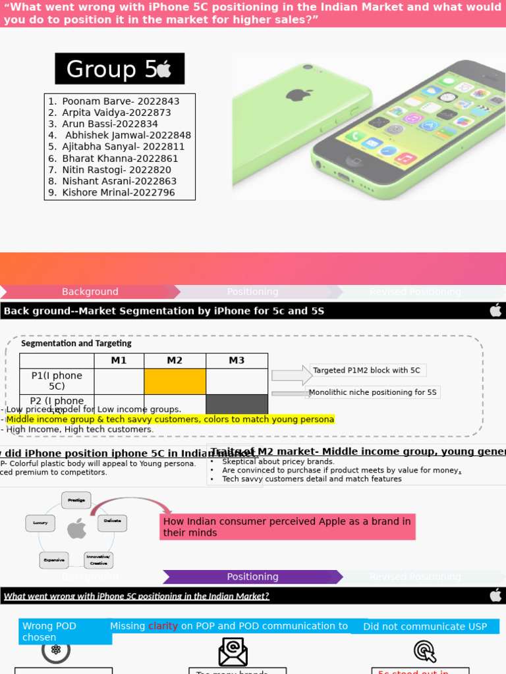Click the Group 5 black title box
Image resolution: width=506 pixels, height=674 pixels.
pos(119,69)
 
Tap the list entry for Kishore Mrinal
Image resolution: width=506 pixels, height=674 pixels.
pos(118,192)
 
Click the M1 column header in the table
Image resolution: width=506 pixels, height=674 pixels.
pos(119,361)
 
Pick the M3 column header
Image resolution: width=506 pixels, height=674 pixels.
pos(237,361)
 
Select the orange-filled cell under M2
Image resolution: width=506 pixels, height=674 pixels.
pos(175,381)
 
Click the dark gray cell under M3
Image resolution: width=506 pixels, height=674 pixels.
pos(237,403)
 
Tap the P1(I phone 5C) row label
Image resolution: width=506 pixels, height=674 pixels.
pos(57,381)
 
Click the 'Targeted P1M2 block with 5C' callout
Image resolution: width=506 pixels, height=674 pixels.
pos(367,371)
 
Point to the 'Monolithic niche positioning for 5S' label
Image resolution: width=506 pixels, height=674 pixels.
pos(373,392)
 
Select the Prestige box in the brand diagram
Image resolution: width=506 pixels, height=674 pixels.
pos(76,500)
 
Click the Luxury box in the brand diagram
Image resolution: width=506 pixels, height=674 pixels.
pos(40,523)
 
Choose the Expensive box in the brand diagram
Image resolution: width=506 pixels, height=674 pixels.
pos(54,560)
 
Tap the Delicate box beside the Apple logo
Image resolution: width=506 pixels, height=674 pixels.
pos(112,521)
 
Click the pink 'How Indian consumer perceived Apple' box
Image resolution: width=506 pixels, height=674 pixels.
pos(287,527)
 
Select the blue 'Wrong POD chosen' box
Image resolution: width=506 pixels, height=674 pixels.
pos(65,631)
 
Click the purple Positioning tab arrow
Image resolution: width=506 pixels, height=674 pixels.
pos(252,577)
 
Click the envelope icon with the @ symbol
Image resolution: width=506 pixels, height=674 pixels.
pos(233,652)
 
